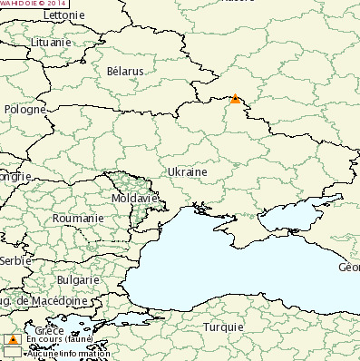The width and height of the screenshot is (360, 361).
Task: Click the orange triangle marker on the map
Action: click(236, 99)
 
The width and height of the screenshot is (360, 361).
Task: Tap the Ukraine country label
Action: click(187, 171)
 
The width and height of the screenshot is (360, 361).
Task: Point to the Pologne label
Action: click(24, 109)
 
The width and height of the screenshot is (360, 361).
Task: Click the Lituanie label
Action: click(51, 42)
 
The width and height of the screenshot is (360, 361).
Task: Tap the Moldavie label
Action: click(134, 197)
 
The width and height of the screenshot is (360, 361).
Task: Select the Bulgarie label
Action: click(78, 280)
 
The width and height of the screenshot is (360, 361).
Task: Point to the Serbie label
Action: click(15, 259)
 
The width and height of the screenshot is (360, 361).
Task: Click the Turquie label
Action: click(223, 327)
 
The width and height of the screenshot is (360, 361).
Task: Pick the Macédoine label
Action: click(45, 300)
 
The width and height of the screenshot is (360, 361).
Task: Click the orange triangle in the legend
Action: click(13, 339)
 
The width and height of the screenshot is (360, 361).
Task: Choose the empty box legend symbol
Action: click(13, 352)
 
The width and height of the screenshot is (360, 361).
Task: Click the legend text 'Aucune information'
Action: click(69, 353)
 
